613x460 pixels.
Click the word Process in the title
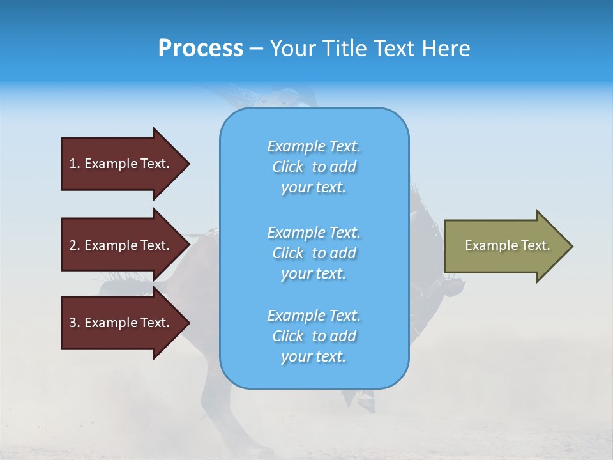(201, 49)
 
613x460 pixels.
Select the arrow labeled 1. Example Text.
(121, 164)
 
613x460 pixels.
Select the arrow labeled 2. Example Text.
(121, 245)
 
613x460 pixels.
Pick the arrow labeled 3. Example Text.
(121, 323)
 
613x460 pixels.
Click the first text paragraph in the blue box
(314, 167)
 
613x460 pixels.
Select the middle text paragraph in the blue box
(314, 253)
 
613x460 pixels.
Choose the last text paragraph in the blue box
(314, 336)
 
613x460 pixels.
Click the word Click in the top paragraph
(288, 167)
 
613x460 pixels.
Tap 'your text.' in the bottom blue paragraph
(314, 356)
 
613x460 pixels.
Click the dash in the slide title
(257, 49)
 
